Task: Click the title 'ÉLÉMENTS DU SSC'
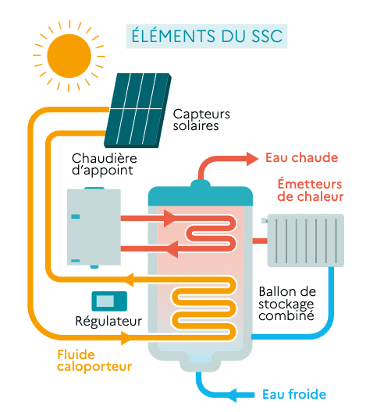207,36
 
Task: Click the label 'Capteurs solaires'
197,118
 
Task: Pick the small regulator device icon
108,301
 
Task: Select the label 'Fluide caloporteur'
94,360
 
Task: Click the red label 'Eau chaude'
301,158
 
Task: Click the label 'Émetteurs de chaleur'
310,190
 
